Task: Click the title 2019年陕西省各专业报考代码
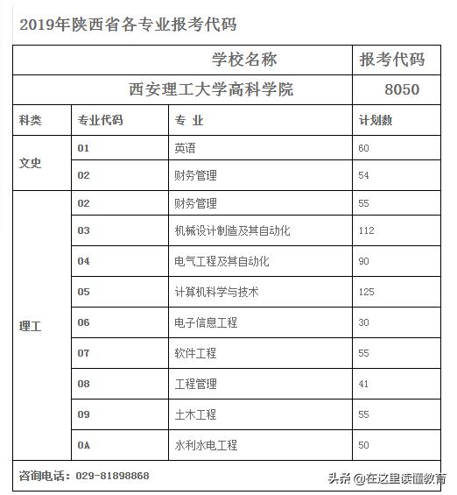click(x=128, y=24)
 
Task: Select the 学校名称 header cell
click(x=244, y=60)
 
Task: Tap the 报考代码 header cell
click(x=392, y=60)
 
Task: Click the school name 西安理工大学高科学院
click(x=211, y=89)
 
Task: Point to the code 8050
click(x=402, y=89)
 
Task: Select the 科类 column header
click(x=30, y=120)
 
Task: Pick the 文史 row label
click(x=30, y=162)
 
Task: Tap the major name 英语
click(x=185, y=148)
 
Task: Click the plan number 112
click(x=366, y=230)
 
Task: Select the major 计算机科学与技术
click(x=216, y=292)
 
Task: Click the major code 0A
click(x=84, y=445)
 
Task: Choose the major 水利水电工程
click(x=206, y=445)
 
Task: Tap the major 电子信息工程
click(x=206, y=322)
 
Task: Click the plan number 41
click(x=364, y=384)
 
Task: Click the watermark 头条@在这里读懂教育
click(x=386, y=478)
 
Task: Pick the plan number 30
click(x=364, y=322)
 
